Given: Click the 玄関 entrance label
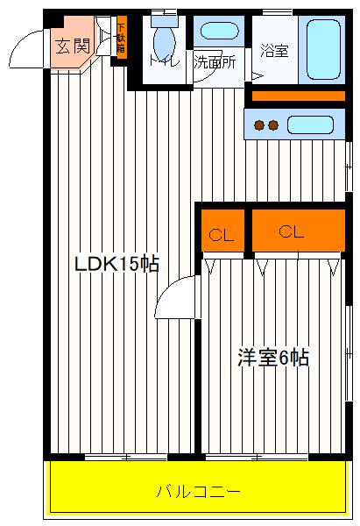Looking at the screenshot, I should click(x=73, y=46).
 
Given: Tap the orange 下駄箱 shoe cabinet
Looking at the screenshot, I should click(x=121, y=38).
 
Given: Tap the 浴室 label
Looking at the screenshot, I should click(x=274, y=51).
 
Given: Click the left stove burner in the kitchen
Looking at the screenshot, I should click(x=260, y=124).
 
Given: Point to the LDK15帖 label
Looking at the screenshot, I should click(x=116, y=264).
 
